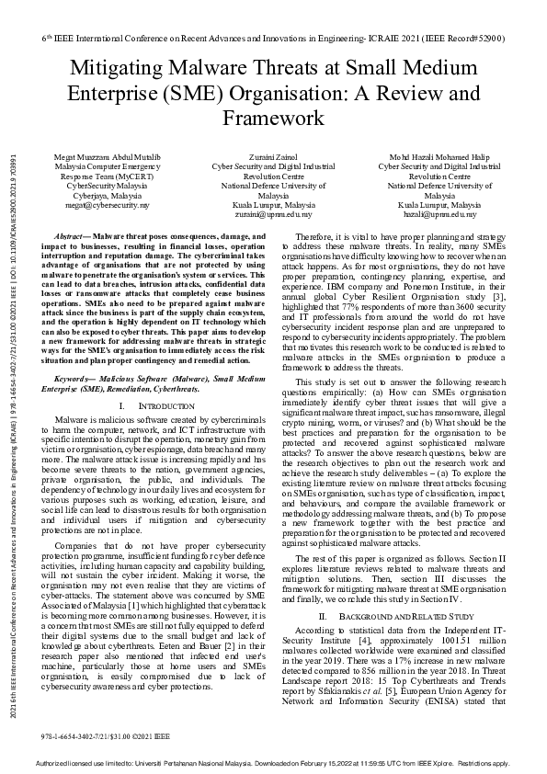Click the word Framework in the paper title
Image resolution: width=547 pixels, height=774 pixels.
pyautogui.click(x=273, y=118)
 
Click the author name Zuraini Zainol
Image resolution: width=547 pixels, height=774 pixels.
pyautogui.click(x=273, y=157)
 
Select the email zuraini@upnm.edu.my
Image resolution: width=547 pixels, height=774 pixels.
pyautogui.click(x=273, y=214)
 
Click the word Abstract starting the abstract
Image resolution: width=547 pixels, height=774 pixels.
pyautogui.click(x=74, y=237)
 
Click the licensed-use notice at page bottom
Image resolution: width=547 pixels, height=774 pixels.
pyautogui.click(x=273, y=764)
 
